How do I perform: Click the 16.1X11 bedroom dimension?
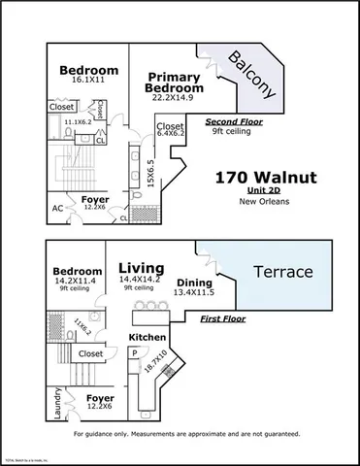(88, 83)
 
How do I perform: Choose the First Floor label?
(224, 318)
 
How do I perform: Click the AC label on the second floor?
(57, 206)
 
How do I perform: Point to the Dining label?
(194, 281)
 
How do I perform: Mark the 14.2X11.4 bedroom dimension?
(78, 283)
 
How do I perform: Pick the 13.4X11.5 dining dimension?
(194, 291)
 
